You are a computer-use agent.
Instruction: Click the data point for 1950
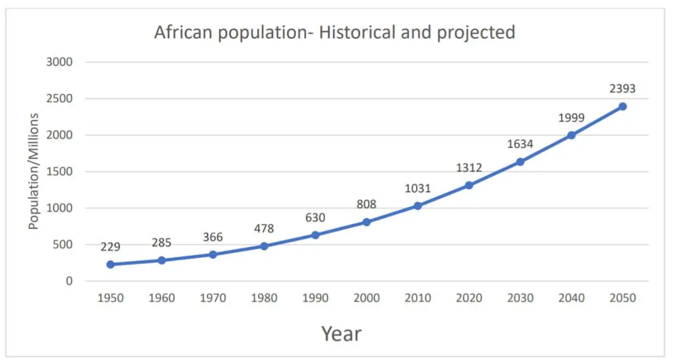(x=110, y=265)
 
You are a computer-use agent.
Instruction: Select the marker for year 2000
(x=366, y=222)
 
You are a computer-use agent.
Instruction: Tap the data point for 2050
(x=622, y=106)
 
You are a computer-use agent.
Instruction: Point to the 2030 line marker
(x=520, y=162)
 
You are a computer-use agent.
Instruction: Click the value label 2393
(x=622, y=89)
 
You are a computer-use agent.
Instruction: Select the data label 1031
(x=417, y=189)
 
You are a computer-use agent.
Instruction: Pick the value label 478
(x=264, y=229)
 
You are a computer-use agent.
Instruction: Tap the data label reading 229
(x=111, y=247)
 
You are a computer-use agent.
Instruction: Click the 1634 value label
(x=520, y=145)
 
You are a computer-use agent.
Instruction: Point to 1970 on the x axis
(x=213, y=298)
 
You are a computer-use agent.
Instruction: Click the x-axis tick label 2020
(x=468, y=298)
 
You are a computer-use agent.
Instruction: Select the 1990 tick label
(x=315, y=298)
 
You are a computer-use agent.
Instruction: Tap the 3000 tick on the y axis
(x=60, y=62)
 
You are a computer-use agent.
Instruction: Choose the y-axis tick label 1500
(x=60, y=171)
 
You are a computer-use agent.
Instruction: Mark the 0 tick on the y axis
(x=69, y=281)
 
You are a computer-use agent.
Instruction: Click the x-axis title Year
(x=341, y=333)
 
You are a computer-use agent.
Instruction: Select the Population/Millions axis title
(x=34, y=171)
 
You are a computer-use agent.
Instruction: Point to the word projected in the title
(x=476, y=33)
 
